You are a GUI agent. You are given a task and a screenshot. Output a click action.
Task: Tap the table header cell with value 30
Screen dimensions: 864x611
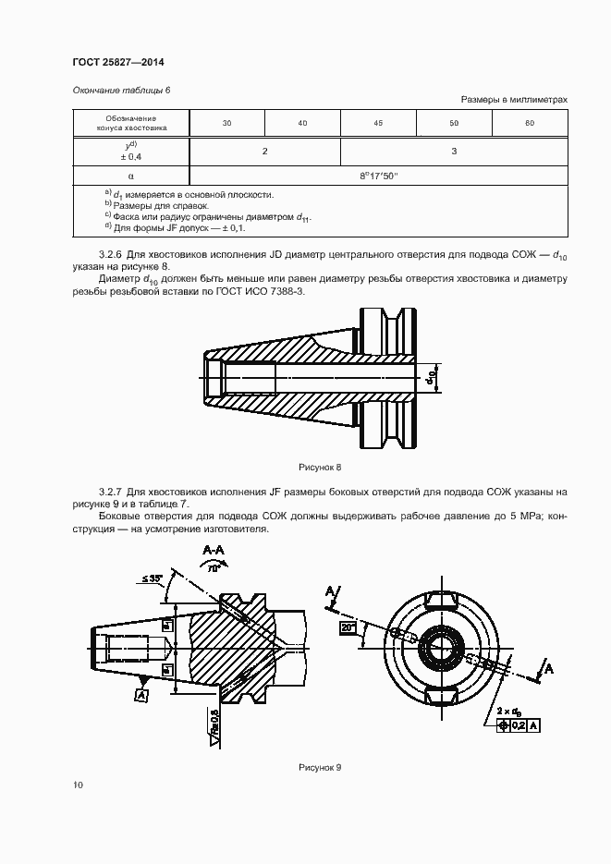[226, 123]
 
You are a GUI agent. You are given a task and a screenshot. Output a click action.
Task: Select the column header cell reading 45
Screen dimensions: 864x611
[378, 123]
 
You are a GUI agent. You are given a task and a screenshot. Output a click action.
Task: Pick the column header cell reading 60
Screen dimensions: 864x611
[530, 123]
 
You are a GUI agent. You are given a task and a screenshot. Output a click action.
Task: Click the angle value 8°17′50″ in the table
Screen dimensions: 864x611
[378, 175]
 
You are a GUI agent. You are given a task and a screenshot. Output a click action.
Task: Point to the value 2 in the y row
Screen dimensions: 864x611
[264, 150]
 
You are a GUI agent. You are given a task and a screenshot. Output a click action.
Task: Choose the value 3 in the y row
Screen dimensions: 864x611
[454, 150]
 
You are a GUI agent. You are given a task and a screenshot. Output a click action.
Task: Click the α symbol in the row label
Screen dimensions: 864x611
[130, 175]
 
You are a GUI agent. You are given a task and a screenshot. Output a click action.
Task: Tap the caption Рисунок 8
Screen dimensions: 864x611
[321, 468]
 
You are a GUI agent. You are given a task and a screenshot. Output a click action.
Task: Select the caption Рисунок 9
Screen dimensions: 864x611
[321, 768]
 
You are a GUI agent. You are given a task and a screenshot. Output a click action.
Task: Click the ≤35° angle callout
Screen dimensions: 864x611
[153, 578]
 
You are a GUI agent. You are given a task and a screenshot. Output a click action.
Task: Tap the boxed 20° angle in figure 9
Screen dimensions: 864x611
[348, 627]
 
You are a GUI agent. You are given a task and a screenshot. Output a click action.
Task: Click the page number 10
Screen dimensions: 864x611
[78, 785]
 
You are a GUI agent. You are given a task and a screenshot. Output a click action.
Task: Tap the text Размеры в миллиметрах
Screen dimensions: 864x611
[513, 99]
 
